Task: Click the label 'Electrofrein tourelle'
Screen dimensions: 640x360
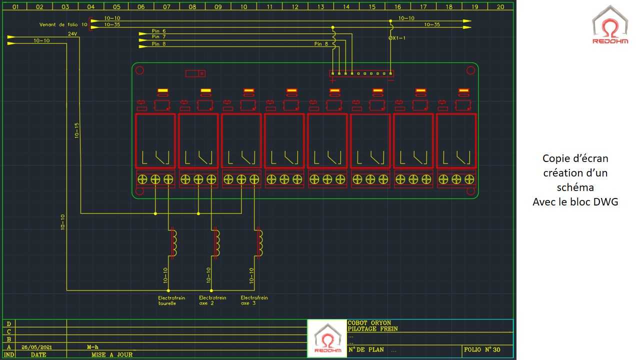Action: [171, 300]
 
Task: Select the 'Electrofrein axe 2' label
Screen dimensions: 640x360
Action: [212, 300]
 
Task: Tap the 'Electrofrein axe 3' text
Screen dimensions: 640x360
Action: [254, 300]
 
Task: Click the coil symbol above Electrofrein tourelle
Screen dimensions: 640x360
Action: [173, 243]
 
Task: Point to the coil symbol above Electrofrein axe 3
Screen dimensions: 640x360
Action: [259, 243]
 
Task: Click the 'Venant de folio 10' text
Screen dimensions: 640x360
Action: [63, 24]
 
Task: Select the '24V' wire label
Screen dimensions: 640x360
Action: [72, 34]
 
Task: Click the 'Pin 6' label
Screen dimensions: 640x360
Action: [158, 31]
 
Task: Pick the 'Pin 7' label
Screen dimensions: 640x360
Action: [158, 36]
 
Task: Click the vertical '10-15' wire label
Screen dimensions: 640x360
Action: [76, 130]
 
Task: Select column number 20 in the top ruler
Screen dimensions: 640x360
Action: [500, 7]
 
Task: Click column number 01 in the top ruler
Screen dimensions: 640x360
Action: [15, 7]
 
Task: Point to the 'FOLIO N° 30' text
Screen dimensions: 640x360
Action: [482, 349]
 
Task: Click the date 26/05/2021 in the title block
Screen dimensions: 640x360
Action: [36, 347]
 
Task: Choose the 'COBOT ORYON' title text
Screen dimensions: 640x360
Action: [369, 323]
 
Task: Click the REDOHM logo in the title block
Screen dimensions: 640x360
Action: [327, 338]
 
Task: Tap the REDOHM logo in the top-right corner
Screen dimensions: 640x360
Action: [610, 25]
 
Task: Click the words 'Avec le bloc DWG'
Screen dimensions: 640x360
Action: [575, 202]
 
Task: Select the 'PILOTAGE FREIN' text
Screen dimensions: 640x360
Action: [372, 329]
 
